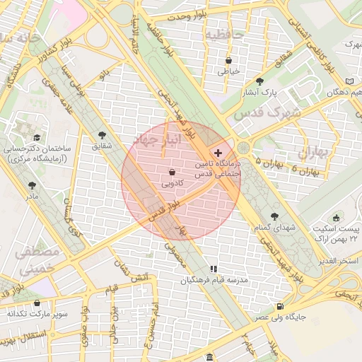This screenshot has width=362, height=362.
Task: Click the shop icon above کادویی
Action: pos(173,172)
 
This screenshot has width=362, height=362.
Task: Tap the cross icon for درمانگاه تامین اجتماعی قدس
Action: pos(218,153)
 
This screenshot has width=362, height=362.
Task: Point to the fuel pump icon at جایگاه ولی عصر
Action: pos(281,306)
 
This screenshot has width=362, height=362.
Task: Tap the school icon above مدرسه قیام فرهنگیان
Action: pos(213,269)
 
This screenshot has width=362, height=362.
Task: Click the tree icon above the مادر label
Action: pos(32,185)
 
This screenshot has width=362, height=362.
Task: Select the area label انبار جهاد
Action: pos(156,141)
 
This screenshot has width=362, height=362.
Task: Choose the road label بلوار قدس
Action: pos(164,208)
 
